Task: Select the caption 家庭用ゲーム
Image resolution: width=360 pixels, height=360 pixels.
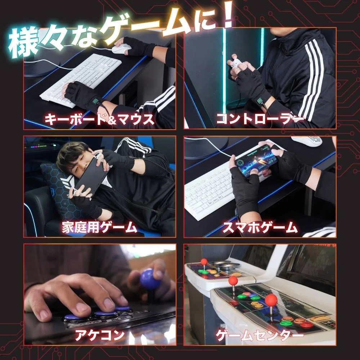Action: (99, 228)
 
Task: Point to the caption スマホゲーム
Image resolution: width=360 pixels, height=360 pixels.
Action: (260, 228)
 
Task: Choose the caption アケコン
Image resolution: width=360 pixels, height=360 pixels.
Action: (99, 335)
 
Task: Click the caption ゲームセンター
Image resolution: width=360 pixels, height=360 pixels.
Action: (260, 336)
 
